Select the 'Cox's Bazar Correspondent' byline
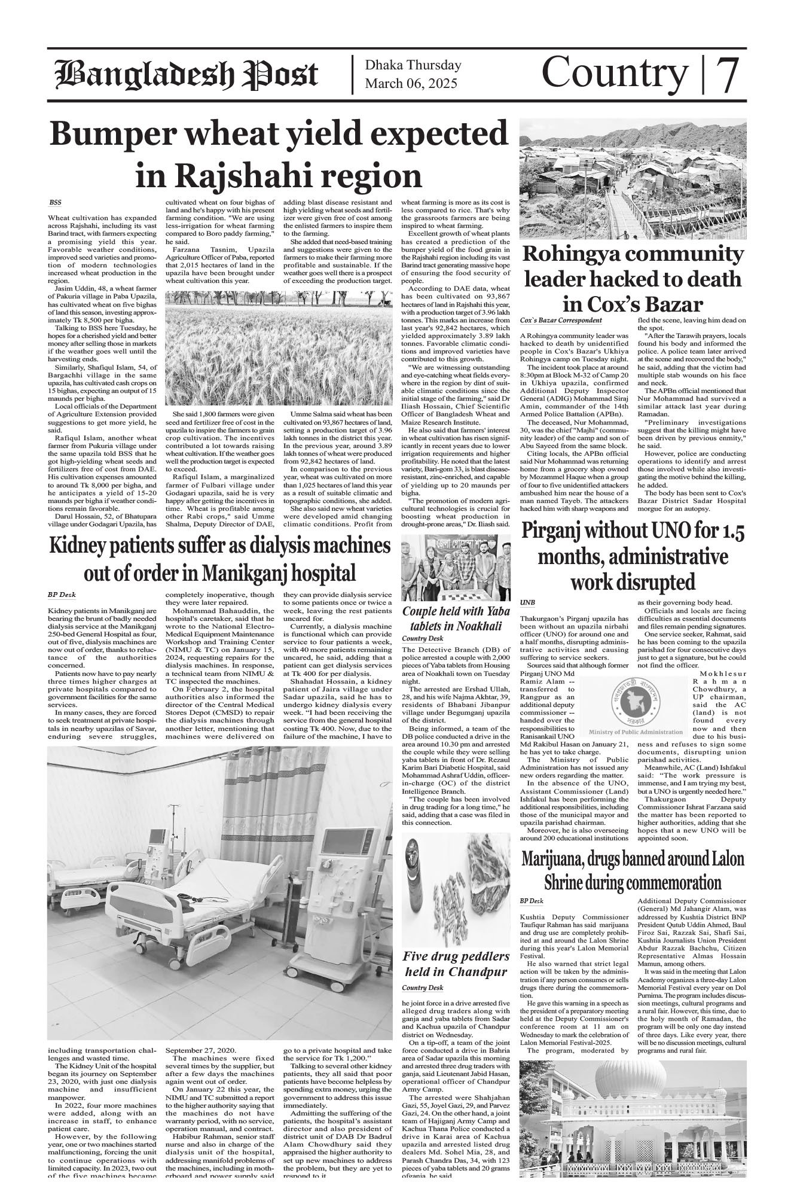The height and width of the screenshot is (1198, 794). click(561, 321)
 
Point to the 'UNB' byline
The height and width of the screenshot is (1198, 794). click(528, 602)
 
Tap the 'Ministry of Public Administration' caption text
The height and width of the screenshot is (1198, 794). click(635, 732)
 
